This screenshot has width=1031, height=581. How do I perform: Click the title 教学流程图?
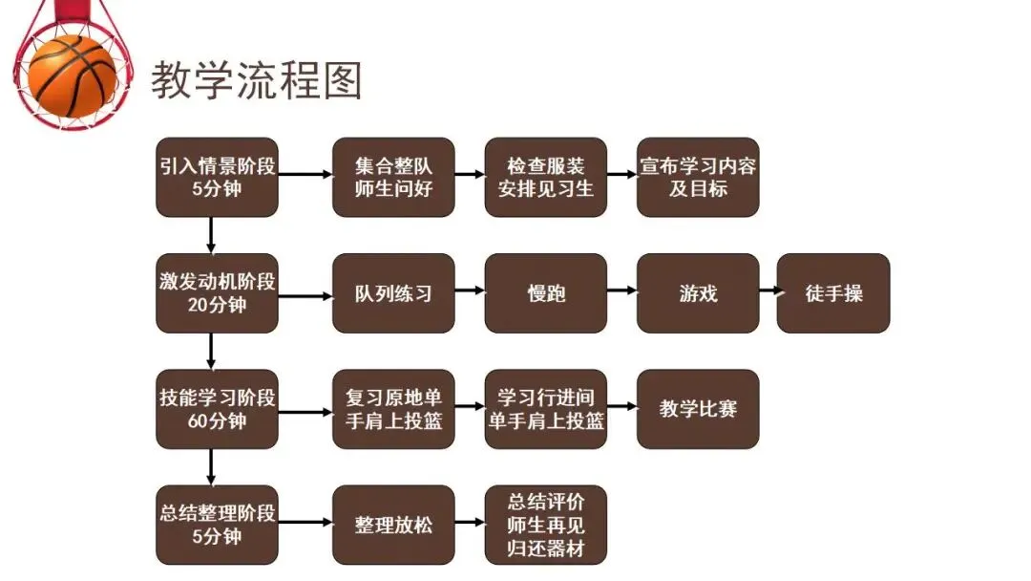coord(256,81)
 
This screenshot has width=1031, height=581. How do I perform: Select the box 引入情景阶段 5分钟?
coord(218,177)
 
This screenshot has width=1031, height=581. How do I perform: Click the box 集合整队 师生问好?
coord(393,177)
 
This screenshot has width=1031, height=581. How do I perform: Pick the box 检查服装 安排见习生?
coord(546,177)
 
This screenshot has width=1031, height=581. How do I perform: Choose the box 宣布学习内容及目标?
coord(698,177)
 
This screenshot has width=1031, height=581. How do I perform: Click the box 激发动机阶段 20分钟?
coord(218,292)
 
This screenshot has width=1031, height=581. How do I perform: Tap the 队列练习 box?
coord(393,292)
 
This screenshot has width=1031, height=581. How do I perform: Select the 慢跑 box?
coord(546,292)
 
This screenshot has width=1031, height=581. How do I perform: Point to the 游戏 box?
coord(698,292)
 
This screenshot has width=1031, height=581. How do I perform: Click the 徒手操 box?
coord(833,292)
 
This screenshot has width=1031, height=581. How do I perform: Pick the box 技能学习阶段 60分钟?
coord(218,409)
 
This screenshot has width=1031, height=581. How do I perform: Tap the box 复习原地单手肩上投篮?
coord(393,409)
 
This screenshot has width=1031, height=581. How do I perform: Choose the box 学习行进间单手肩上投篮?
coord(546,409)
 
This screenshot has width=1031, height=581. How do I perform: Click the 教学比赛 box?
coord(698,409)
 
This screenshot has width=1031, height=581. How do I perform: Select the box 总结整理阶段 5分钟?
coord(218,525)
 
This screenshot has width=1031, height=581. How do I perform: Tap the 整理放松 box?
coord(393,525)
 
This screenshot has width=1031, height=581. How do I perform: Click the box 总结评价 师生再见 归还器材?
coord(546,525)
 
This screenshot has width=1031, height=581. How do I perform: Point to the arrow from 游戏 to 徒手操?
coord(768,292)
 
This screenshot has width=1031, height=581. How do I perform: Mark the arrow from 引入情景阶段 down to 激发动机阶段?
coord(211,235)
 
